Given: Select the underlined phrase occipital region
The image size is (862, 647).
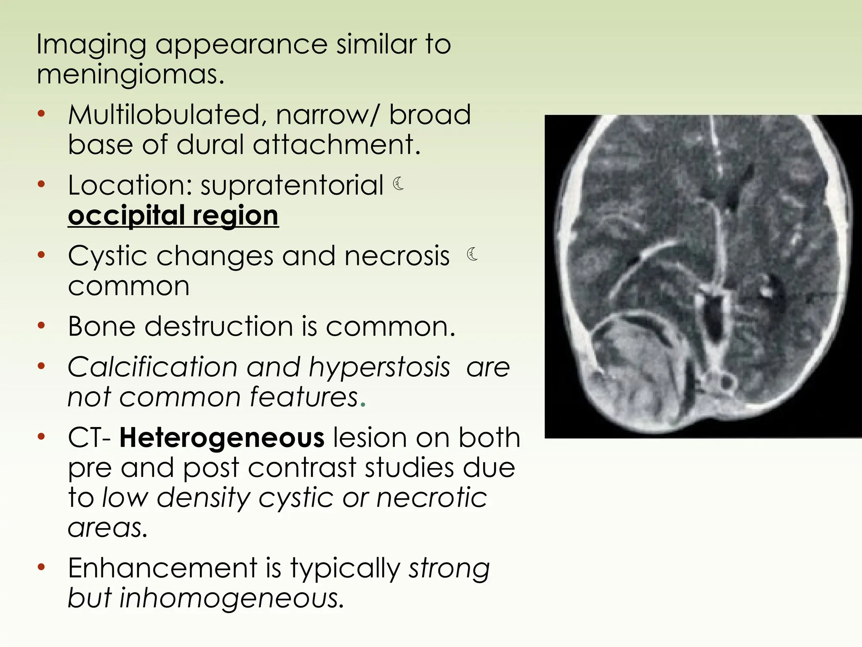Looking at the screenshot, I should point(173,215).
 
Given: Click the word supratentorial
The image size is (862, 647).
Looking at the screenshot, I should point(292,185).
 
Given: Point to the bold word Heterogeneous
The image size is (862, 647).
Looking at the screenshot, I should point(222,438).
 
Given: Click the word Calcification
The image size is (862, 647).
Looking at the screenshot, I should point(152,367).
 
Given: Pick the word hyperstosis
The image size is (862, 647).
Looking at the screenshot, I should point(379,367).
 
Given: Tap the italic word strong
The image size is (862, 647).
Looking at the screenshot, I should point(449,568).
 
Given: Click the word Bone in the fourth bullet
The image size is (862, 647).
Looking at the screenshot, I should point(101,326).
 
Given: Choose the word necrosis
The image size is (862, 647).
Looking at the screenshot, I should point(397,256).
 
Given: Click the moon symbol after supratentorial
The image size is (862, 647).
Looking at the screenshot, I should point(399,184).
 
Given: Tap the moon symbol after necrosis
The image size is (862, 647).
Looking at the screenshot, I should point(472,254).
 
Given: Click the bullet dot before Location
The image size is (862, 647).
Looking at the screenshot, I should point(41,184).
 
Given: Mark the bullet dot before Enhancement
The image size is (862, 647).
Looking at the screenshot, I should point(41,567).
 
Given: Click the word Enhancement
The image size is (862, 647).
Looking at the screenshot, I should point(162,568).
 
